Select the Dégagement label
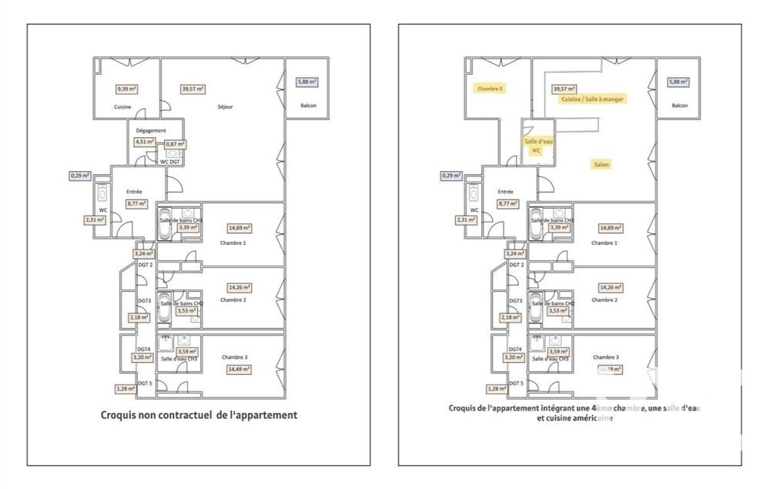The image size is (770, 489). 151,130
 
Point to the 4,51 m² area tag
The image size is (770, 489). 144,142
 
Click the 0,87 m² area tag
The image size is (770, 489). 176,144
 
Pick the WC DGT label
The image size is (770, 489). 170,162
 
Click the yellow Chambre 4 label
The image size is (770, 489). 490,89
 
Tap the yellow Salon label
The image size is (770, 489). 602,164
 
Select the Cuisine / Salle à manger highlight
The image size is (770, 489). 593,99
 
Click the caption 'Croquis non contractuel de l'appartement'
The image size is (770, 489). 199,415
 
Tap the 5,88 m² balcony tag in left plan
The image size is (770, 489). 307,82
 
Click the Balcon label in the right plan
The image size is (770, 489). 679,106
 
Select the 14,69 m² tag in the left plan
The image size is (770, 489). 240,228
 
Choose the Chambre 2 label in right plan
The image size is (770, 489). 604,300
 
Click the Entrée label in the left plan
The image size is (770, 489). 135,192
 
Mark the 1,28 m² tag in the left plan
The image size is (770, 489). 126,389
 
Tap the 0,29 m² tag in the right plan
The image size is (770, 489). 450,176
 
